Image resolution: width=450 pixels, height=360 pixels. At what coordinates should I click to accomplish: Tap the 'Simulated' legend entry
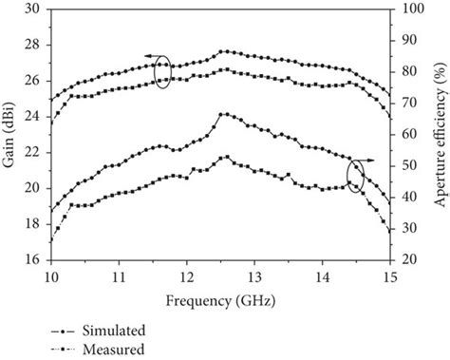click(113, 331)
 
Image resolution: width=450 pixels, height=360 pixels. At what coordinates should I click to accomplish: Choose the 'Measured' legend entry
click(112, 349)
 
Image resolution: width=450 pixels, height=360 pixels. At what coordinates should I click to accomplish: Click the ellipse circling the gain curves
click(162, 73)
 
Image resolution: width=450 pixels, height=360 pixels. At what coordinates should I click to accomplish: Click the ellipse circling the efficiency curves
click(356, 176)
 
